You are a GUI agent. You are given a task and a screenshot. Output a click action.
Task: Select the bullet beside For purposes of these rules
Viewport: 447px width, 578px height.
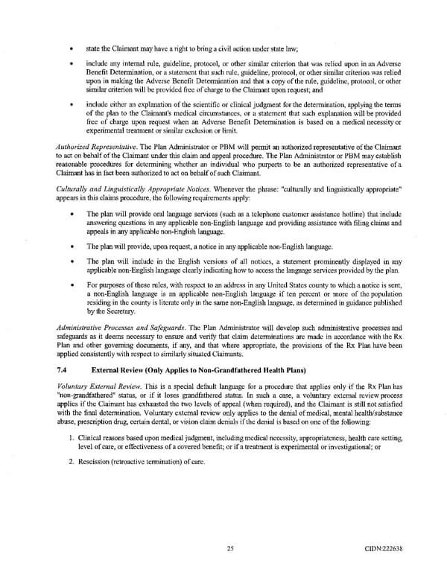click(69, 285)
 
